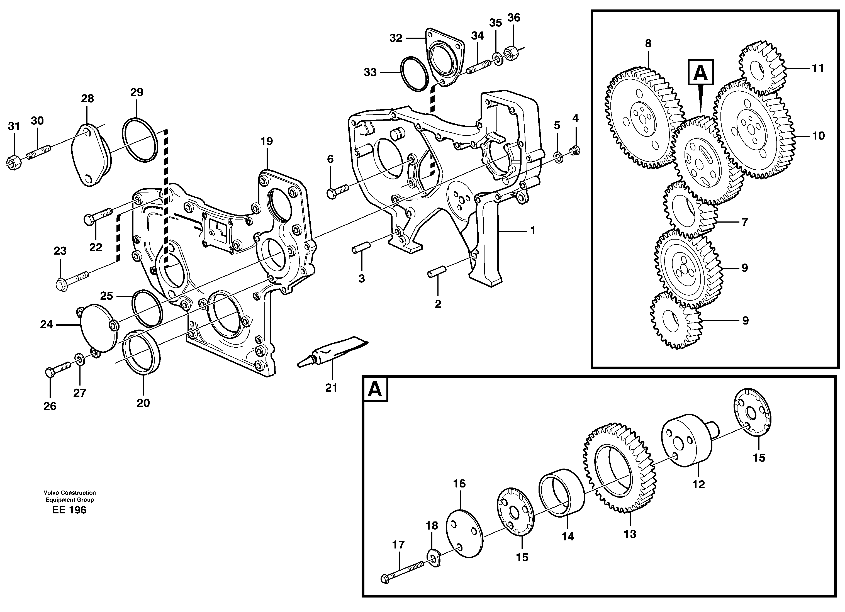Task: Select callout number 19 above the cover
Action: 266,141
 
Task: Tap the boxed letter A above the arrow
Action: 700,73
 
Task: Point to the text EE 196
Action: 69,510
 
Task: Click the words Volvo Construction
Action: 69,492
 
